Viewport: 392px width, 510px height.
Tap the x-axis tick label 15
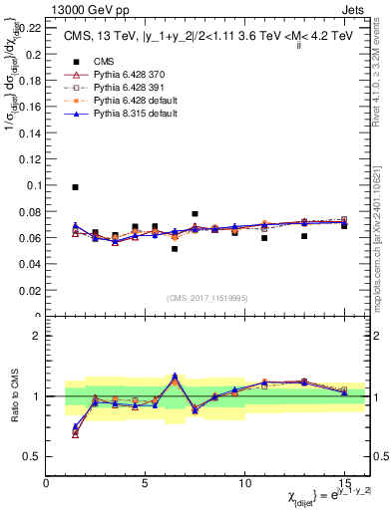344,483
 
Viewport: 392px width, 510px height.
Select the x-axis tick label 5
146,483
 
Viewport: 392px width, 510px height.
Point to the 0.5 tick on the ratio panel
32,456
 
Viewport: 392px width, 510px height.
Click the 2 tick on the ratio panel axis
36,336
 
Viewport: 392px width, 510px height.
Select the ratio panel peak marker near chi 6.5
175,377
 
